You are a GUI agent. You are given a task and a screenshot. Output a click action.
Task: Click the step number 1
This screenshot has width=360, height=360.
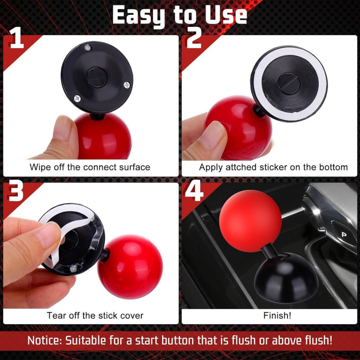[x=16, y=40]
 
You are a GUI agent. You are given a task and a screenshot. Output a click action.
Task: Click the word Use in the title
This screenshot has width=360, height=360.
[x=226, y=16]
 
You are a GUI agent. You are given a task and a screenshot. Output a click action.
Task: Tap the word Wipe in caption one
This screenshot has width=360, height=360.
[x=39, y=167]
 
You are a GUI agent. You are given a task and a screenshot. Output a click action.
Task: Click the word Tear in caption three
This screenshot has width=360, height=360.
[x=55, y=315]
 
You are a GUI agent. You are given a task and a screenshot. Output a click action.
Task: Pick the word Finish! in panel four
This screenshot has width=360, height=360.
[x=277, y=315]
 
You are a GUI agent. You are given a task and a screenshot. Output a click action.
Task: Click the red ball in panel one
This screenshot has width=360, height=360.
[x=103, y=135]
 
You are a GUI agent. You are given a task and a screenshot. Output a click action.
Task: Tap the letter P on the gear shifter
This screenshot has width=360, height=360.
[x=343, y=234]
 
